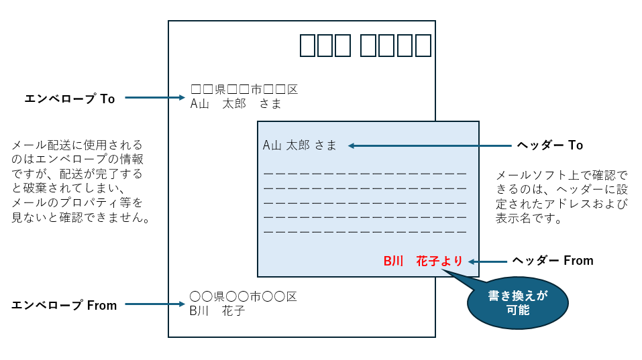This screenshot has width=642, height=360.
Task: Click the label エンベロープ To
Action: (x=70, y=99)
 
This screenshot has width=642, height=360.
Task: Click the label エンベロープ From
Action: (x=64, y=305)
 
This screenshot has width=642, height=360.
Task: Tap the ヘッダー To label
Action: (x=550, y=145)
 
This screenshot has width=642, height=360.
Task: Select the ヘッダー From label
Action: (x=553, y=261)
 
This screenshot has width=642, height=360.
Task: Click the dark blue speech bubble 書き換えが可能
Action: (x=518, y=303)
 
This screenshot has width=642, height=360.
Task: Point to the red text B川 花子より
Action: (x=423, y=261)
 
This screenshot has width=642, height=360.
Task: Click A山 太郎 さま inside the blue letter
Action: (x=299, y=145)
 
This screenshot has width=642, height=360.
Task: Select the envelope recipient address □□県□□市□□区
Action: (x=244, y=89)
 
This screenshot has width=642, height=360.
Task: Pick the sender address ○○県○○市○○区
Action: (x=244, y=296)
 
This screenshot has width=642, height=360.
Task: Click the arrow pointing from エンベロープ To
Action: (x=155, y=98)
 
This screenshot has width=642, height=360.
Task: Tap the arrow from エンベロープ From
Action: (x=155, y=304)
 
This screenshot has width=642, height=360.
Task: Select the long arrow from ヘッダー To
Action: (x=430, y=145)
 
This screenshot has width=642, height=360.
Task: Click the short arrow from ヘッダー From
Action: (x=488, y=262)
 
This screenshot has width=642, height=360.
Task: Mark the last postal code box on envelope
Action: (x=423, y=46)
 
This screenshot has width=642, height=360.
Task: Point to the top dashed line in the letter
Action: (x=365, y=174)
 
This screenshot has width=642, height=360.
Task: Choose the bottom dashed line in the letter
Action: (x=365, y=232)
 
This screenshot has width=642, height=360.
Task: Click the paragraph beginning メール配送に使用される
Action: (x=81, y=181)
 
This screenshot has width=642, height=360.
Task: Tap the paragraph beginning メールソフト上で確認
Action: (x=561, y=197)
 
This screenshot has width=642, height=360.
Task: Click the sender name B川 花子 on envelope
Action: (x=217, y=311)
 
